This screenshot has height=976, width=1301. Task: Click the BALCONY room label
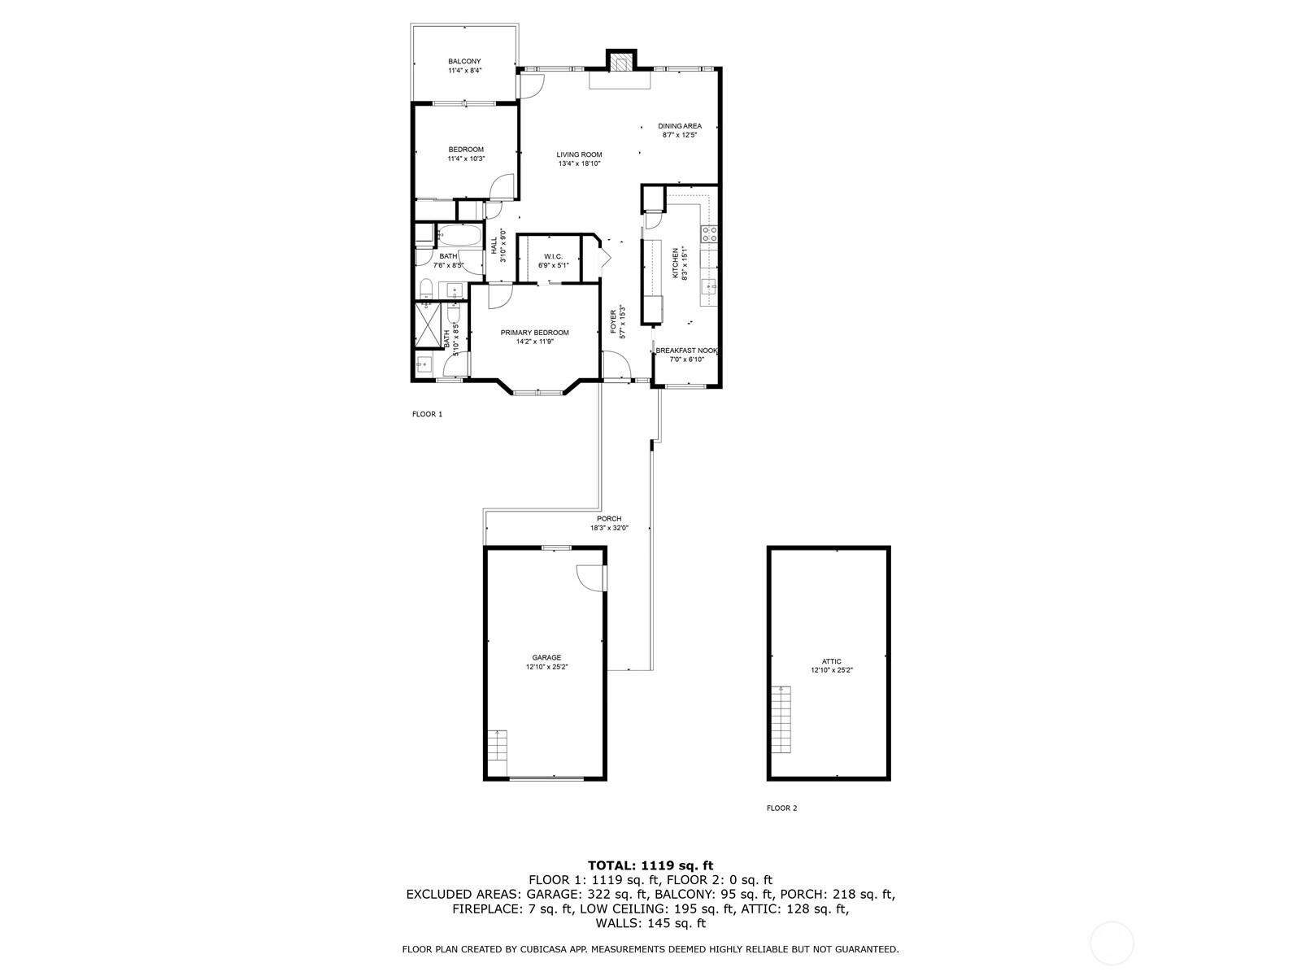click(464, 62)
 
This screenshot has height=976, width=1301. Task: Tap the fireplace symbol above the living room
click(621, 62)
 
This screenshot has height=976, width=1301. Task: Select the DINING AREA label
click(679, 126)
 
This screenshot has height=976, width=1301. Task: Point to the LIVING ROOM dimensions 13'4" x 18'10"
click(579, 164)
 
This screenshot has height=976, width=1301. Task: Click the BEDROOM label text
click(466, 150)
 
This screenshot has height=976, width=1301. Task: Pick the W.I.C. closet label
click(553, 256)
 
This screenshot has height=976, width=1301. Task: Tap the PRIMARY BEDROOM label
click(534, 333)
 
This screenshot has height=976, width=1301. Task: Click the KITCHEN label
click(675, 263)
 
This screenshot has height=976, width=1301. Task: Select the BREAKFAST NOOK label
click(686, 351)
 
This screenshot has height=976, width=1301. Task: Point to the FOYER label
click(613, 322)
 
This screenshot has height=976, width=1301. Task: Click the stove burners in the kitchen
click(710, 234)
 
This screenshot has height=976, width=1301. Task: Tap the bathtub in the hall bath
click(460, 235)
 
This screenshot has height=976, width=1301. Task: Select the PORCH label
click(609, 519)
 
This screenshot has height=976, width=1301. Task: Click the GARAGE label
click(546, 658)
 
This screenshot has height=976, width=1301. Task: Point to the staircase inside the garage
click(498, 753)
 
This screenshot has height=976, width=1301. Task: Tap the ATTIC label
click(831, 662)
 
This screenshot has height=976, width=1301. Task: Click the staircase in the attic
click(781, 720)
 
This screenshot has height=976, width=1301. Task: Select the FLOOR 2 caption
click(781, 808)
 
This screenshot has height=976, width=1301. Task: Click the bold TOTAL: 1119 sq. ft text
click(650, 865)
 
